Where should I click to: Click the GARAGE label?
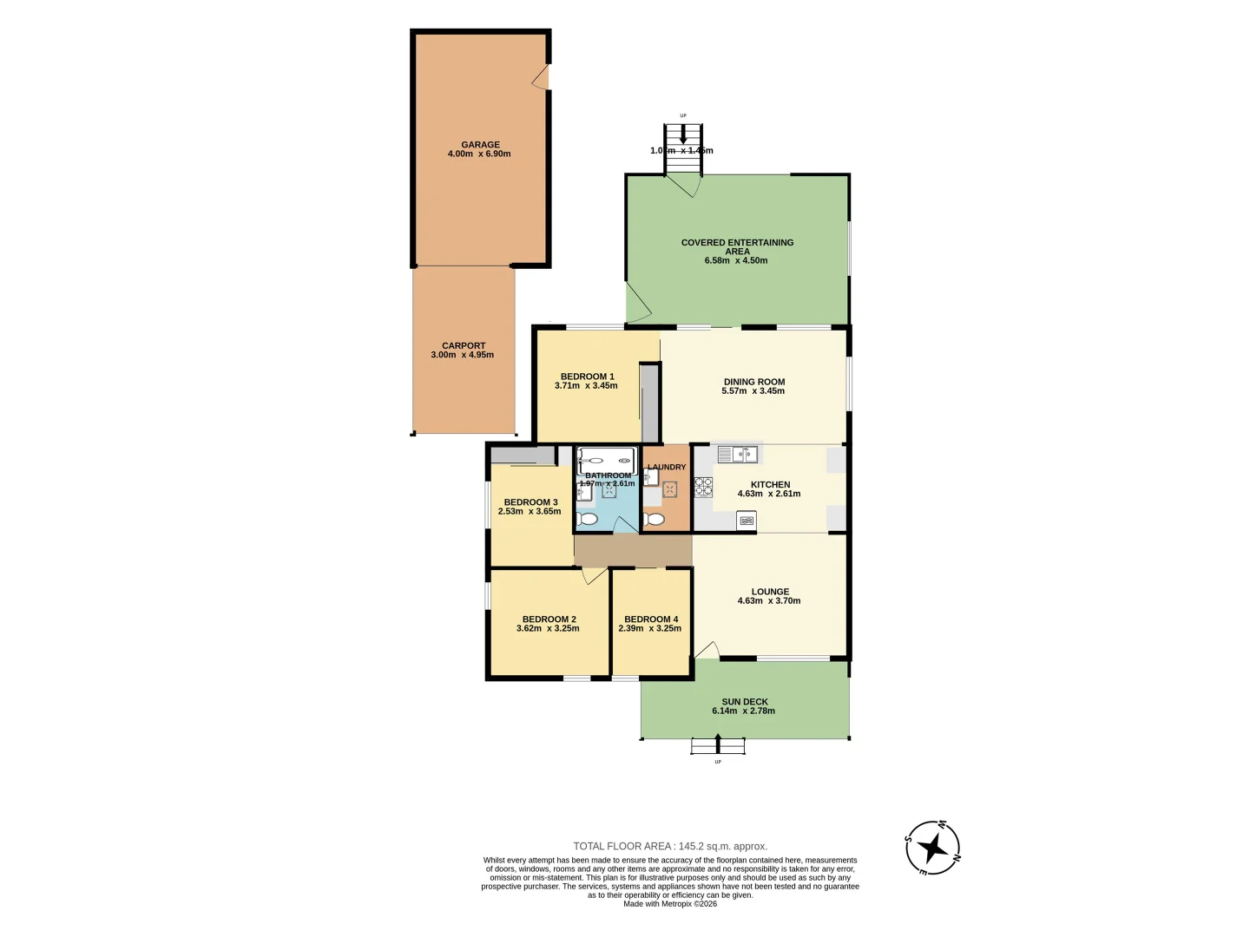click(480, 145)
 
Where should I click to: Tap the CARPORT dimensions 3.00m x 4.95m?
click(462, 355)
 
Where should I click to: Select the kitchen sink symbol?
click(738, 454)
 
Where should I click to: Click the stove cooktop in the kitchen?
click(703, 486)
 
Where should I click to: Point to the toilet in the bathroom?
click(587, 519)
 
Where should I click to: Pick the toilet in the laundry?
click(655, 519)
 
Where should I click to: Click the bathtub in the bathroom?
click(606, 461)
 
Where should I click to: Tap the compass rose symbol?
click(933, 848)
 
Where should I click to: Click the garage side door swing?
click(542, 77)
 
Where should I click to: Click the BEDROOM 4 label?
click(651, 619)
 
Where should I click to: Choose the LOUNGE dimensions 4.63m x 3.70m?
click(769, 601)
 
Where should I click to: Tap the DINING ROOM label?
click(754, 382)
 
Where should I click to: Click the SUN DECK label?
click(745, 702)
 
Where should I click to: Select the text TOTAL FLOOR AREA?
click(622, 846)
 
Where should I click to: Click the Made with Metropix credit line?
click(670, 904)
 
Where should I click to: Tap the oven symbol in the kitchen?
click(747, 521)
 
